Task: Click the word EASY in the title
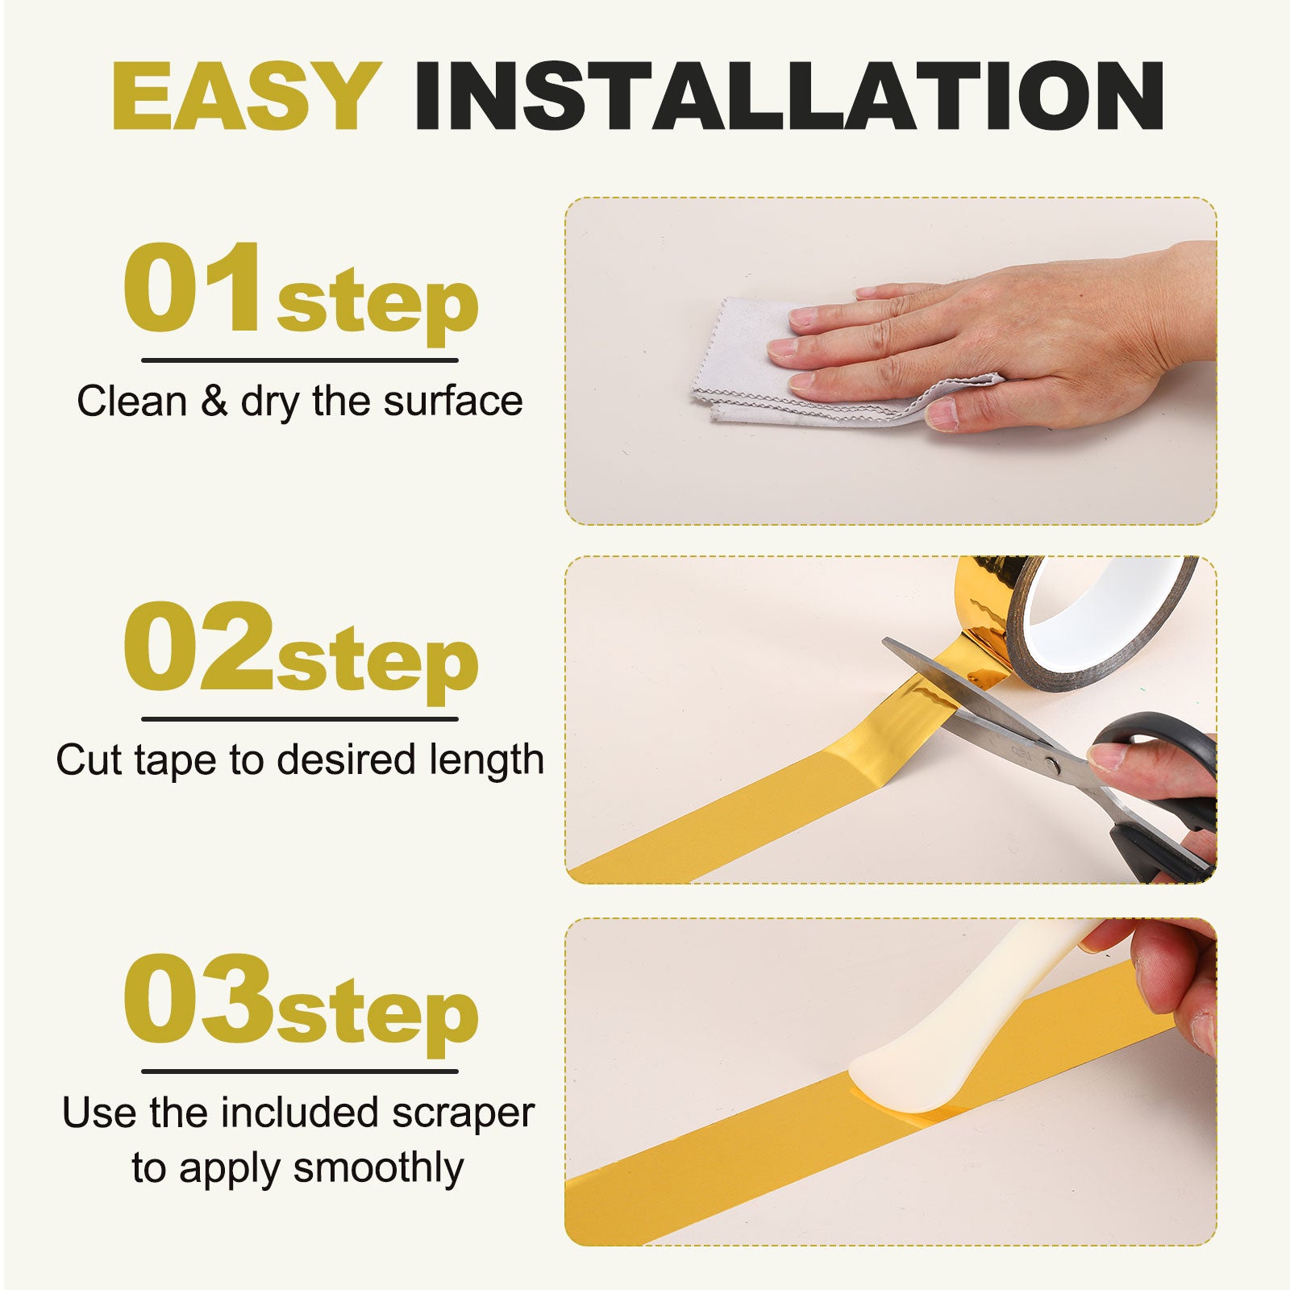(x=247, y=96)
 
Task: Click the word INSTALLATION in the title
(x=789, y=96)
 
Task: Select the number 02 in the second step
(x=198, y=647)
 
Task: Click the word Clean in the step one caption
(x=132, y=401)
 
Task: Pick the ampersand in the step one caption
(x=214, y=401)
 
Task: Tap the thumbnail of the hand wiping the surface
(x=891, y=361)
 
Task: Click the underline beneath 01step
(x=300, y=360)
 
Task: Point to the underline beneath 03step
(x=300, y=1072)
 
